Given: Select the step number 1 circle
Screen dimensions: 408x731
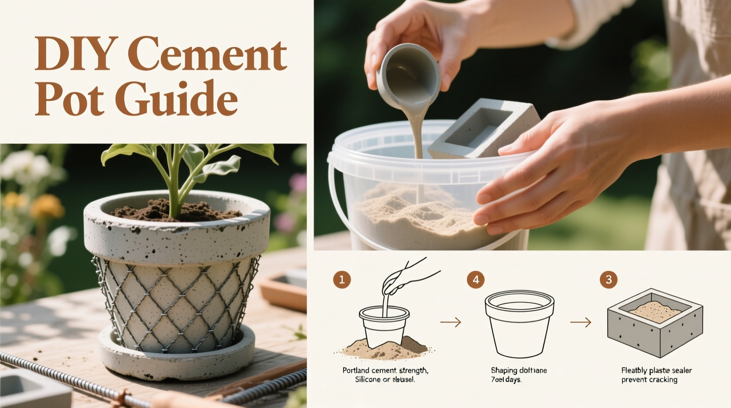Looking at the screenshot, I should click(x=342, y=280).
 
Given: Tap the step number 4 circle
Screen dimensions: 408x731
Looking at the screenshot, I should click(x=476, y=280).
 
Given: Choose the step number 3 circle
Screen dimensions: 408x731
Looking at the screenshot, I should click(x=608, y=280).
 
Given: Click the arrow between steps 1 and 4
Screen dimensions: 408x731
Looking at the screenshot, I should click(x=451, y=322).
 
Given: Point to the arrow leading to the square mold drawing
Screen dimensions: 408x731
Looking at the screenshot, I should click(x=580, y=322).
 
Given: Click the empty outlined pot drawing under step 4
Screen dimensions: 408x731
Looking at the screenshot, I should click(x=519, y=323).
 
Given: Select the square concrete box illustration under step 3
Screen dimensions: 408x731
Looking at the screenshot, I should click(x=655, y=323).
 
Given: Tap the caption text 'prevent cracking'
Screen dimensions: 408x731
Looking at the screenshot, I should click(x=649, y=379).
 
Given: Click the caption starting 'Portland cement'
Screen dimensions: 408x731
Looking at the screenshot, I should click(x=385, y=371).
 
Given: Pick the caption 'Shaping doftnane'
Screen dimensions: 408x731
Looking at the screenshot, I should click(x=519, y=371).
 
